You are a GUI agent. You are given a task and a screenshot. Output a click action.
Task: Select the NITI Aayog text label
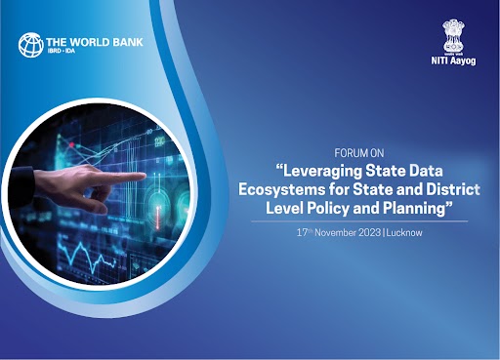[x=451, y=61]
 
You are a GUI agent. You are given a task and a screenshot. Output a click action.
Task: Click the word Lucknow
[x=412, y=233]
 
